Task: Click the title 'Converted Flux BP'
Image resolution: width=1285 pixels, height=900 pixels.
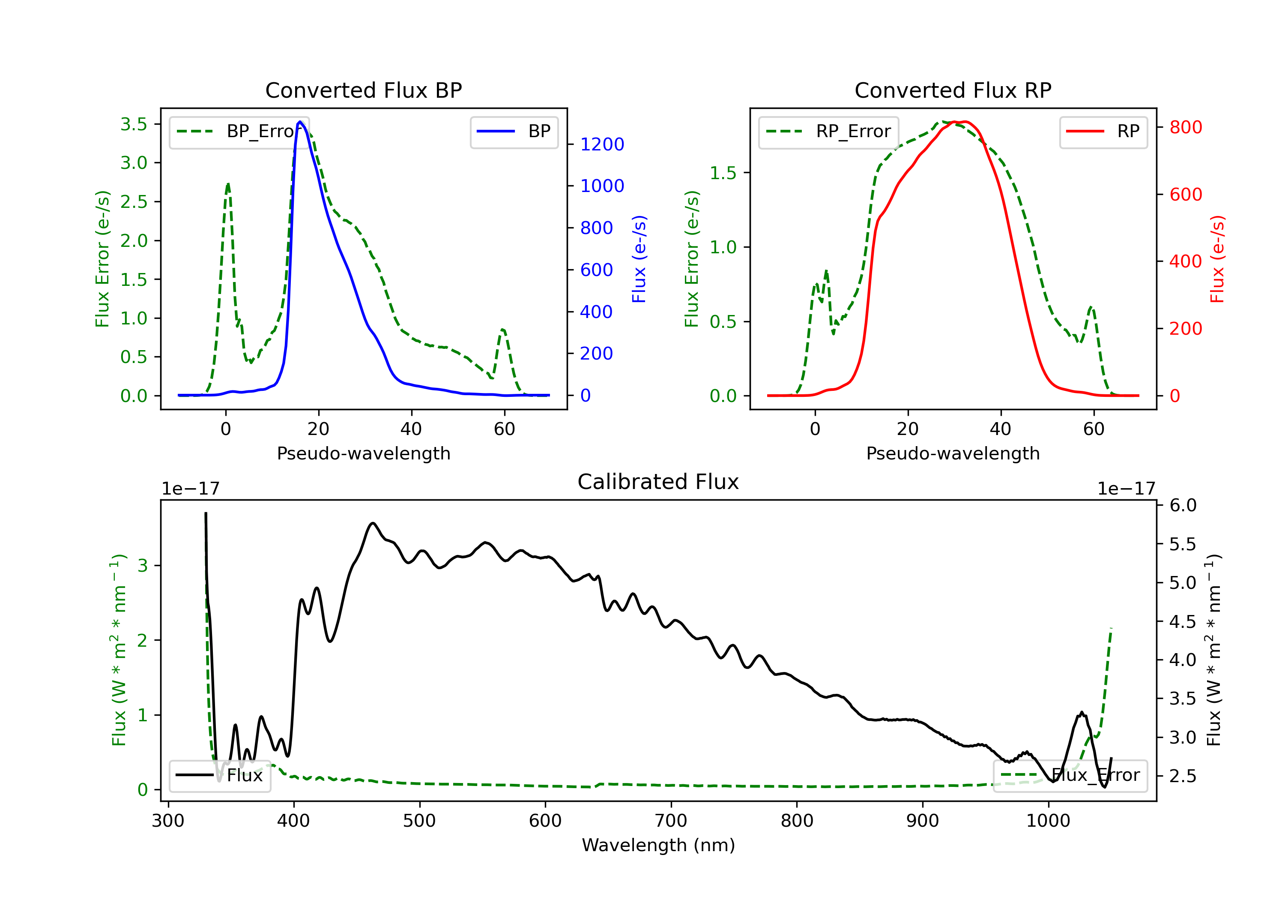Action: pyautogui.click(x=363, y=90)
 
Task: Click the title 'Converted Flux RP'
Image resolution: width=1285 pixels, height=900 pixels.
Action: pyautogui.click(x=953, y=90)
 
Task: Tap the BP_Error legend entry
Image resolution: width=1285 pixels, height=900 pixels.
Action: pyautogui.click(x=239, y=132)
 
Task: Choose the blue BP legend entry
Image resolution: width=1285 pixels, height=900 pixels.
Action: pyautogui.click(x=514, y=132)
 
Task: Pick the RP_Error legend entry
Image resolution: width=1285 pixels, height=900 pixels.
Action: pyautogui.click(x=828, y=132)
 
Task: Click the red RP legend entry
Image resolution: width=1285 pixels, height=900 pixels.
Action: pyautogui.click(x=1103, y=132)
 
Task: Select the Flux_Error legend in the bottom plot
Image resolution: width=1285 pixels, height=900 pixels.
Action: pyautogui.click(x=1070, y=775)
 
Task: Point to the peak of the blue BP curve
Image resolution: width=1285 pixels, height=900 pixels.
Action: pyautogui.click(x=300, y=122)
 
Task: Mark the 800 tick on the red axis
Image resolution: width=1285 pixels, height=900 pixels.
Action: pyautogui.click(x=1185, y=128)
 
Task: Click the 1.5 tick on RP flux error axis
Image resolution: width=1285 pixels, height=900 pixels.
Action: pyautogui.click(x=723, y=173)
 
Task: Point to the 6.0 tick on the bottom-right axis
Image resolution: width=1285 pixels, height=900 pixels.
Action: pyautogui.click(x=1183, y=506)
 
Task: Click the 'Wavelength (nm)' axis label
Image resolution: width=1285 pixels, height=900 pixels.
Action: pyautogui.click(x=658, y=845)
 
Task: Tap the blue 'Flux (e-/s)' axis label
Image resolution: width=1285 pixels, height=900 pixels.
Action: pyautogui.click(x=639, y=259)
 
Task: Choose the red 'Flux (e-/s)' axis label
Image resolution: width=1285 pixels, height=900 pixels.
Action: pyautogui.click(x=1217, y=259)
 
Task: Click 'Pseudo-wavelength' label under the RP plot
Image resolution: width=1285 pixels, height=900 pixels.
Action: pyautogui.click(x=953, y=453)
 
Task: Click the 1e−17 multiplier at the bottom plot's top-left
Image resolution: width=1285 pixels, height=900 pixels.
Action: pyautogui.click(x=190, y=489)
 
